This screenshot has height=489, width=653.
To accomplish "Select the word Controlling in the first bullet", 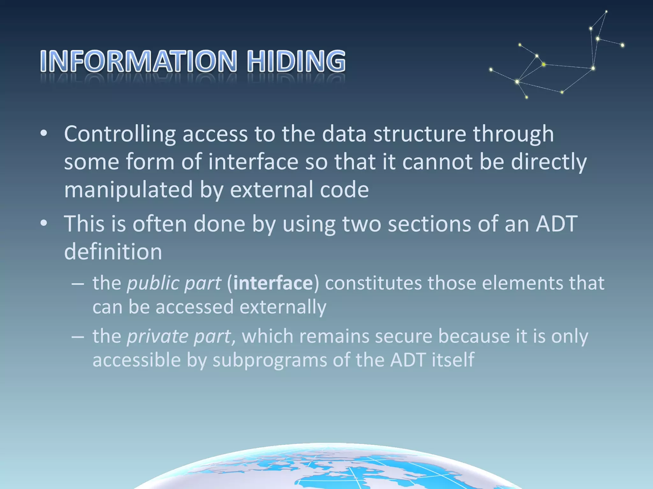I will coord(120,134).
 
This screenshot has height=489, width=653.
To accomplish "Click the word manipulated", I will coord(128,190).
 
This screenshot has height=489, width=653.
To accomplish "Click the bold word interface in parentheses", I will coord(273,283).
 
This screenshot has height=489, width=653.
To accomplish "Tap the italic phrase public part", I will coord(174,283).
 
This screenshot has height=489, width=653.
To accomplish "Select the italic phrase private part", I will coord(179,336).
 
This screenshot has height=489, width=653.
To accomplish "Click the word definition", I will coord(113,252).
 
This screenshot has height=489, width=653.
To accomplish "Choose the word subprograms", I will coord(269,360).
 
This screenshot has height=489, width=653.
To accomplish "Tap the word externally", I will coord(283,307).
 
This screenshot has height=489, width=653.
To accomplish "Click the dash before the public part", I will coord(78,283).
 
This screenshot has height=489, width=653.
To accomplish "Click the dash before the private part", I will coord(78,336).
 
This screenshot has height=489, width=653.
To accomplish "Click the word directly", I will coord(549,162).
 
